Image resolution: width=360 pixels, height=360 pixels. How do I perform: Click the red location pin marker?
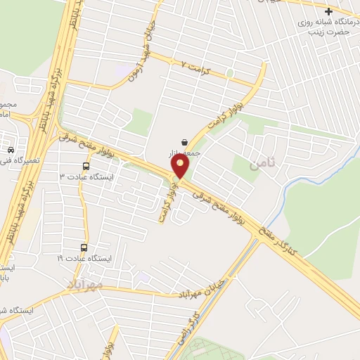point(181,166)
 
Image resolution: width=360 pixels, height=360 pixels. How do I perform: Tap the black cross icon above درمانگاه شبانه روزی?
point(329,11)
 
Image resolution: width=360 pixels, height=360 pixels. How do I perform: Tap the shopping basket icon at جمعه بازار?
point(184,141)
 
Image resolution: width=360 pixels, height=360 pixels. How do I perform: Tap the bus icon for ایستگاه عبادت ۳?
point(86,167)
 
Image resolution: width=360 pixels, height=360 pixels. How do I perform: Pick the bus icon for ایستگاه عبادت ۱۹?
point(84,247)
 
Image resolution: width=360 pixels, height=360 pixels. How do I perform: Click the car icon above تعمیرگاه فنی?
point(11,150)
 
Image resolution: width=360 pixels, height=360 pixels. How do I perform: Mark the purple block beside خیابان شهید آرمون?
point(124,70)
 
